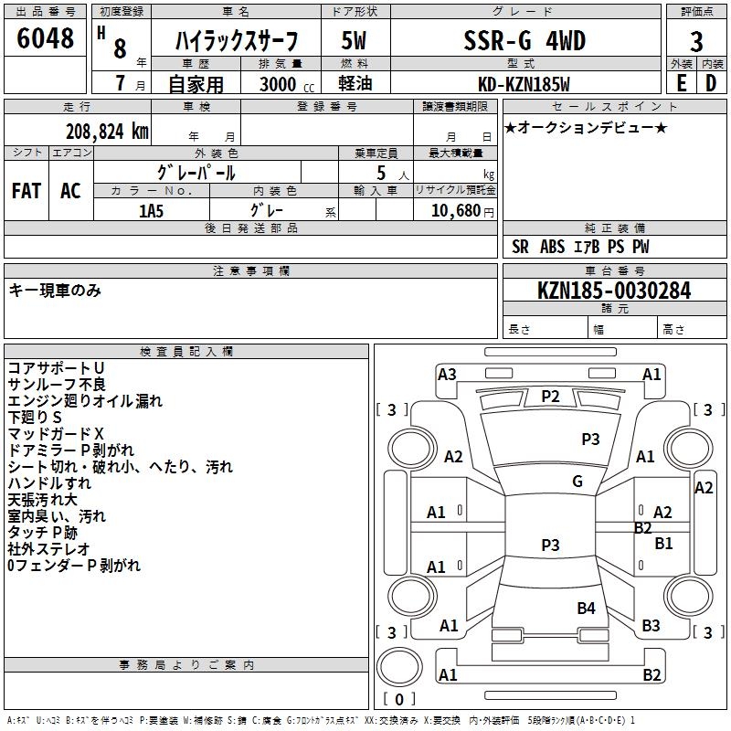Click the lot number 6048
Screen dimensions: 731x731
46,38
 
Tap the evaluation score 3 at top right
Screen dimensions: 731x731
696,42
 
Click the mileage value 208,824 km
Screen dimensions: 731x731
107,131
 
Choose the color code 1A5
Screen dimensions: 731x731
152,211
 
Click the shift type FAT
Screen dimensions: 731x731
26,190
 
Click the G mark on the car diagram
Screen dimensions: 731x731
577,482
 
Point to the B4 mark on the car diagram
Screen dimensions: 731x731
586,608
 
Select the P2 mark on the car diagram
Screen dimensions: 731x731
550,396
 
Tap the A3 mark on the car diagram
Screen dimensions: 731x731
447,374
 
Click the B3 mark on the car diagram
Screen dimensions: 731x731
651,626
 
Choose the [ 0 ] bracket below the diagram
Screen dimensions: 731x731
397,699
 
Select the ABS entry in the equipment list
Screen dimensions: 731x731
552,247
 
